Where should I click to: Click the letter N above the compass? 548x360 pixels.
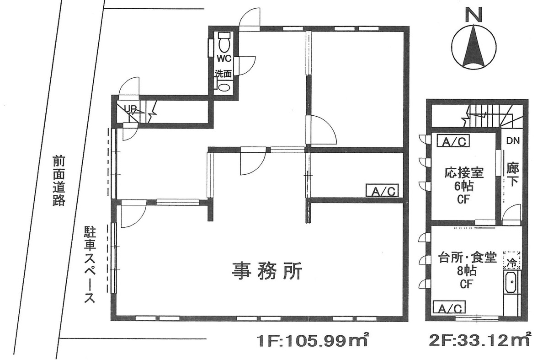click(x=474, y=15)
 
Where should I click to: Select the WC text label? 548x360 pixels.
click(x=224, y=59)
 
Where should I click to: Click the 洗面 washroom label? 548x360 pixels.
click(x=224, y=73)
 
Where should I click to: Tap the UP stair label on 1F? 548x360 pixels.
click(x=131, y=109)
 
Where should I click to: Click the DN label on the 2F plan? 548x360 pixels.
click(x=511, y=141)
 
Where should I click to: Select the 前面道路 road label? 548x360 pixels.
click(x=58, y=181)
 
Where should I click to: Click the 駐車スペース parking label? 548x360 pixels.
click(x=90, y=265)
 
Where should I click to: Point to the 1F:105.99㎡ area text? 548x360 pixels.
click(x=313, y=341)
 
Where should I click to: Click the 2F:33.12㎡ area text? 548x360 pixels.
click(x=480, y=341)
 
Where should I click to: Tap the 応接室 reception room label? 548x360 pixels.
click(x=464, y=173)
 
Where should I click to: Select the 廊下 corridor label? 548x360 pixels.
click(x=512, y=175)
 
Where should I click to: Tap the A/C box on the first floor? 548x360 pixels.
click(x=382, y=190)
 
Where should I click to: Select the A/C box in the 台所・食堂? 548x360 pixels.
click(x=450, y=307)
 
